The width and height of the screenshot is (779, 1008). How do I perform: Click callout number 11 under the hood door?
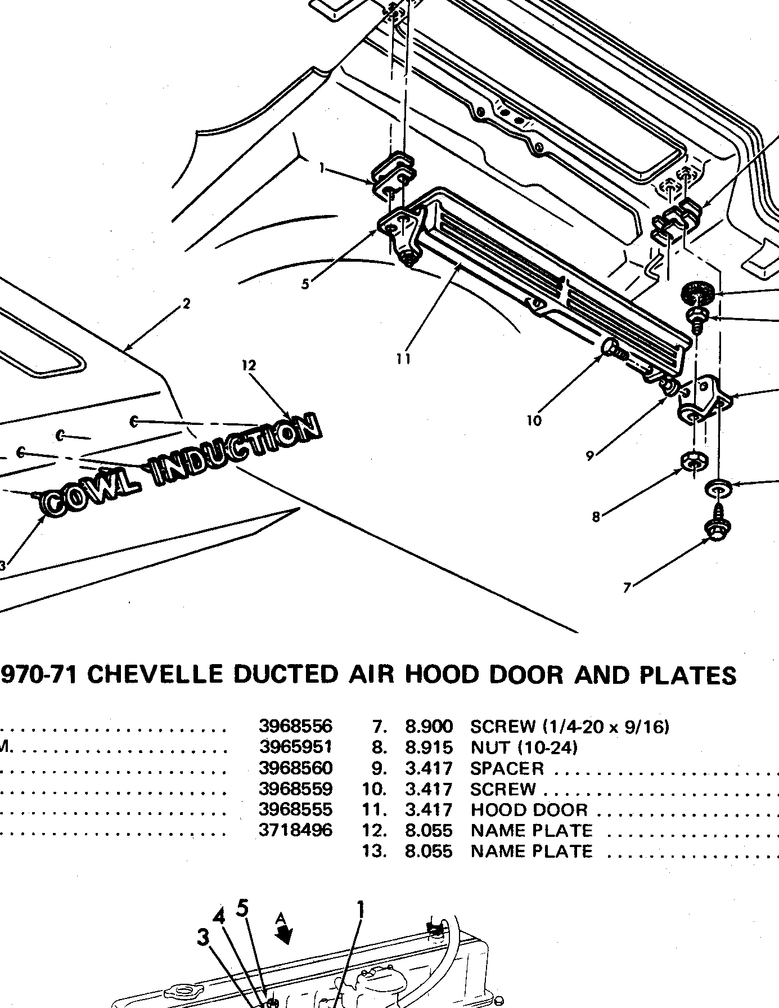(x=403, y=359)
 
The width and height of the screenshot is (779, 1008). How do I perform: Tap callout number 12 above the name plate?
(x=249, y=365)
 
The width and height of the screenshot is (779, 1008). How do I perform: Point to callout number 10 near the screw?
(x=534, y=420)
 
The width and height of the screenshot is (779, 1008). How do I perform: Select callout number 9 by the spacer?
(x=590, y=456)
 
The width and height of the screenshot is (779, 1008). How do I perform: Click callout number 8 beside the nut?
(x=596, y=517)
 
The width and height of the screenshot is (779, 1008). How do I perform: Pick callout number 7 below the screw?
(x=627, y=588)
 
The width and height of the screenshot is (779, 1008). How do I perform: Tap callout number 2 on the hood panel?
(x=187, y=304)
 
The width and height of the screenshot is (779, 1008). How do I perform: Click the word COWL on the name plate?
(x=91, y=491)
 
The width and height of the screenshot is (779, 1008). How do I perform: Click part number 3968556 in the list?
(x=295, y=726)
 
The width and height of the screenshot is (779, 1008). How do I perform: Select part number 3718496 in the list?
(x=295, y=830)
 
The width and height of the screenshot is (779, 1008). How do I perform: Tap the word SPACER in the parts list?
(x=507, y=768)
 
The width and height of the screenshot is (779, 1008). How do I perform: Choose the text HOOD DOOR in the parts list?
(x=529, y=809)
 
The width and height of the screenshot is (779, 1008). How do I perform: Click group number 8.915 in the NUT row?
(x=429, y=747)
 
